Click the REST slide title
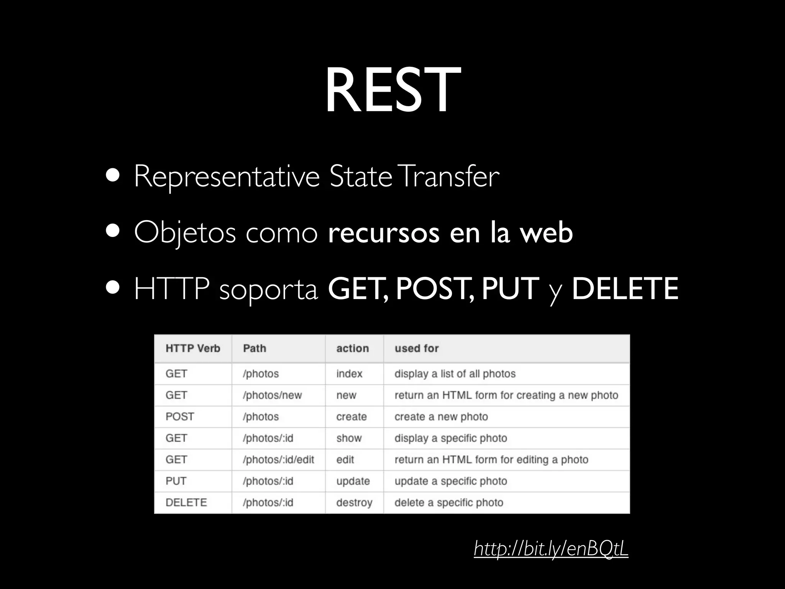[x=392, y=91]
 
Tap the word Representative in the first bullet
[x=227, y=177]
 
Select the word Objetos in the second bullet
[x=184, y=233]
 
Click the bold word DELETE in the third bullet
[x=625, y=288]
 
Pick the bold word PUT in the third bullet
[x=510, y=288]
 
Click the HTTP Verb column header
[x=193, y=348]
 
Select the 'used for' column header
[x=417, y=348]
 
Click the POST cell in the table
[x=180, y=416]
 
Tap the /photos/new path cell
[x=272, y=395]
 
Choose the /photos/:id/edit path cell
[x=278, y=459]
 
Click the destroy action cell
[x=354, y=502]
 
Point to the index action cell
[x=349, y=373]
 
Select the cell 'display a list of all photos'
[x=455, y=373]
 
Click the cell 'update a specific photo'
[x=451, y=481]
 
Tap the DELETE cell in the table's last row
[x=186, y=502]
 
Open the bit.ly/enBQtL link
[x=551, y=549]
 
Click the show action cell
[x=349, y=438]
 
